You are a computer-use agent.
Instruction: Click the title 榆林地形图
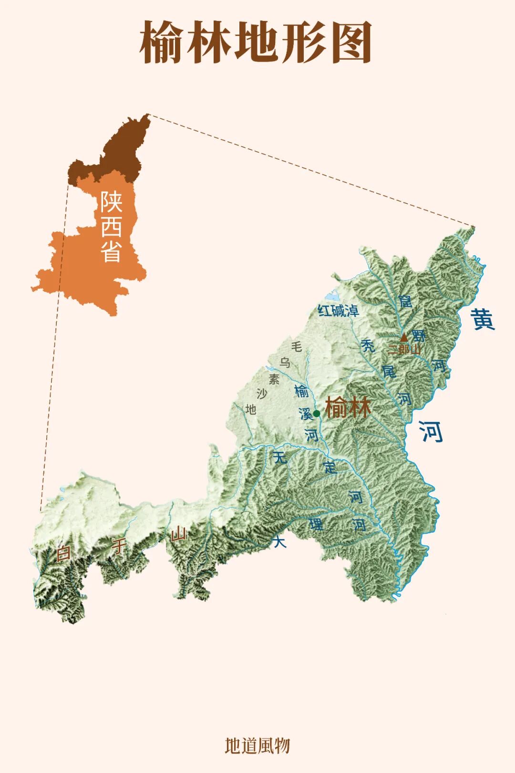pos(256,42)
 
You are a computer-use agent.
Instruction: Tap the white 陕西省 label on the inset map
pos(111,227)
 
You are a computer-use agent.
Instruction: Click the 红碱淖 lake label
pos(338,311)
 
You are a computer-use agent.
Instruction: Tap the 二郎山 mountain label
pos(404,349)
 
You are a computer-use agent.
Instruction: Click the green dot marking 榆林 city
pos(317,413)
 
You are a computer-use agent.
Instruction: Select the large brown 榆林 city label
pos(348,408)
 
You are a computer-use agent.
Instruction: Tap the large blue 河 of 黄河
pos(431,432)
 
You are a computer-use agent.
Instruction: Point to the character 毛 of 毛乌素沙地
pos(297,346)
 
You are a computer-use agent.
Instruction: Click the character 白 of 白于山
pos(63,554)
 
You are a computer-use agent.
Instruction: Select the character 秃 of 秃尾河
pos(368,345)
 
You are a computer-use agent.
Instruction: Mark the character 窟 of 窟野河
pos(405,301)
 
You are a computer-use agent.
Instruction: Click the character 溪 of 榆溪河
pos(306,414)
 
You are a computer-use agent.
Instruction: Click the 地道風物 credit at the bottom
pos(257,745)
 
